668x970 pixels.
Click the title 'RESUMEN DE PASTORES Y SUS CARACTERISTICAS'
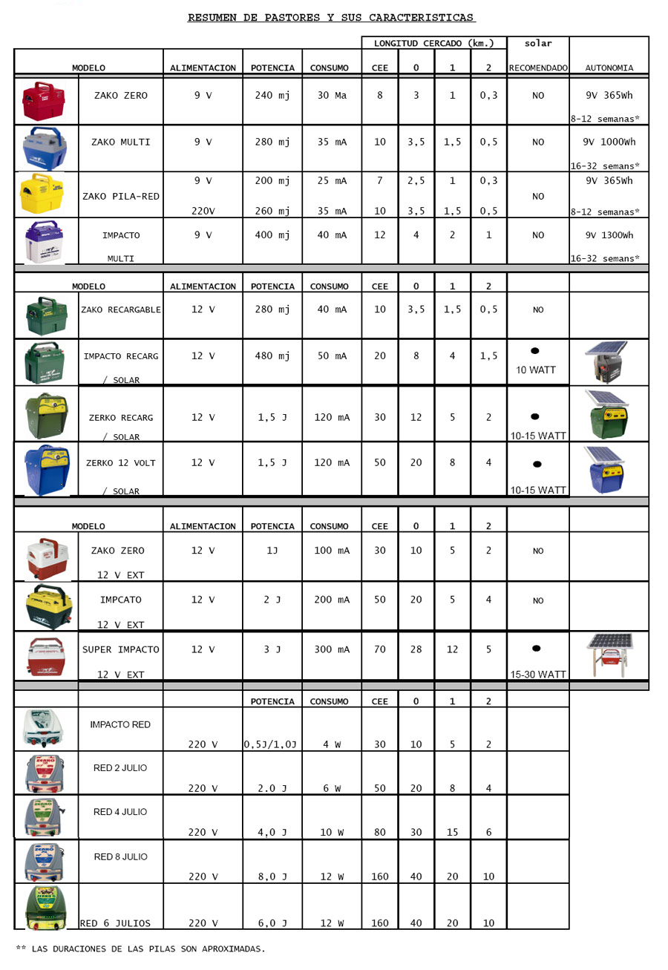pos(331,17)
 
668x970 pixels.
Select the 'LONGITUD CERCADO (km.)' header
pos(434,42)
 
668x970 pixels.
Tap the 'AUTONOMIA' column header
pos(609,68)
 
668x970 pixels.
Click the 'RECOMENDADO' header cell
pos(538,68)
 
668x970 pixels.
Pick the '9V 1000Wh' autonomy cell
pos(609,141)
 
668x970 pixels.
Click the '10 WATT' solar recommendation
pos(537,370)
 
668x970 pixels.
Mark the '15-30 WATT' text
pos(537,675)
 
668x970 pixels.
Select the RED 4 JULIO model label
pos(120,812)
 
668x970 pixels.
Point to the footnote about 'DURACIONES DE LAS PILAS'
pos(141,948)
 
